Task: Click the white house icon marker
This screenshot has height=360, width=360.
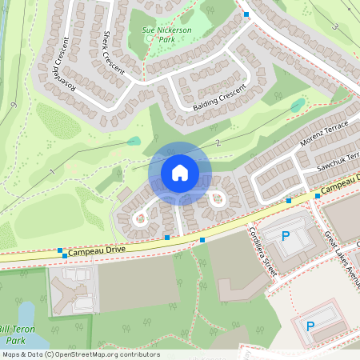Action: (180, 173)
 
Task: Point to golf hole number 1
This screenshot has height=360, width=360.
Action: (52, 172)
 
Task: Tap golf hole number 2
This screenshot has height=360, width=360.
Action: (218, 142)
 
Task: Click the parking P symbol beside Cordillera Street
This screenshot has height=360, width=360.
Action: (286, 236)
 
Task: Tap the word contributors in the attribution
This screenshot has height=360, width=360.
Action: (138, 354)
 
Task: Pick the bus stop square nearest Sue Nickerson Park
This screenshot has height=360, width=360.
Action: (246, 15)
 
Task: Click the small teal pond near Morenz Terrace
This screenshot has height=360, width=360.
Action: (297, 105)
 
